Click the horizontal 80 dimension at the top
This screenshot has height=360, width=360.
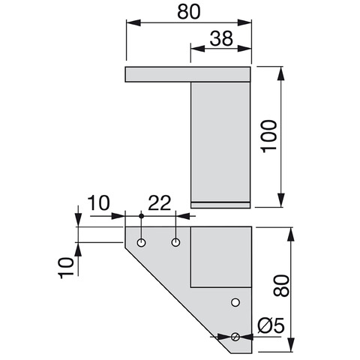pyautogui.click(x=189, y=12)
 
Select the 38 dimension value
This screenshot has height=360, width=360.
pyautogui.click(x=221, y=39)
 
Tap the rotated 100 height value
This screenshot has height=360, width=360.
pyautogui.click(x=268, y=136)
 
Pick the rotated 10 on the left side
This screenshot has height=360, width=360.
pyautogui.click(x=66, y=268)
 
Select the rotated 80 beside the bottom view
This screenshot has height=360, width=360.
pyautogui.click(x=281, y=286)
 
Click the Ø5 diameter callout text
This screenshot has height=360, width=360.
pyautogui.click(x=271, y=325)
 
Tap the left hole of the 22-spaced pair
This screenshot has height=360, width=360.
pyautogui.click(x=142, y=242)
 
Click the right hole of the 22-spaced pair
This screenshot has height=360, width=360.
pyautogui.click(x=176, y=242)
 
